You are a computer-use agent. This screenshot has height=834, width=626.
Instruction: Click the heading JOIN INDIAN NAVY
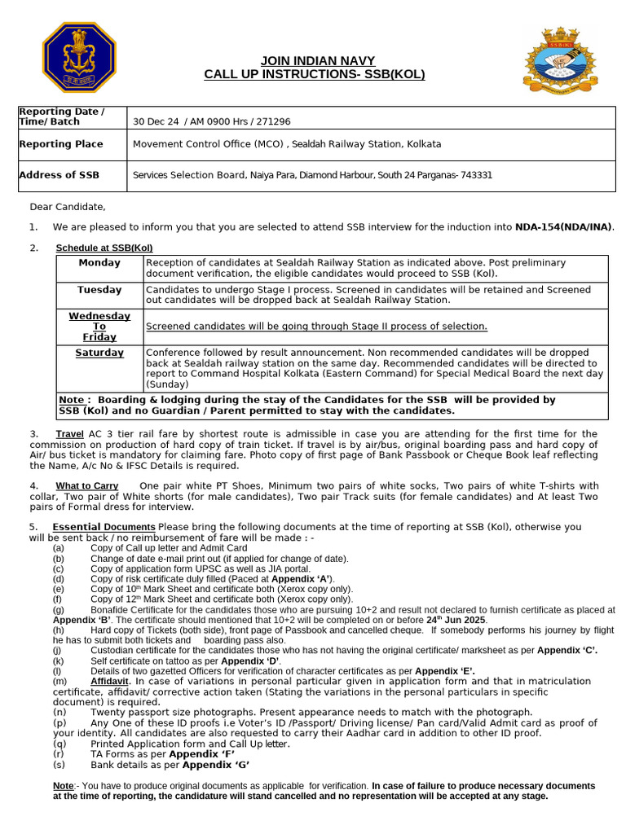coord(314,61)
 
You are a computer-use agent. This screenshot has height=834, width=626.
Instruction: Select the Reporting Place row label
coord(60,144)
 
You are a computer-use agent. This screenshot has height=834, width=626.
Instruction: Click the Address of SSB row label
coord(59,175)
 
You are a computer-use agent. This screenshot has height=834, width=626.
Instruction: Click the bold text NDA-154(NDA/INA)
coord(564,227)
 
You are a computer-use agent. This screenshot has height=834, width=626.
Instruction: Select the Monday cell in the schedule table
coord(99,263)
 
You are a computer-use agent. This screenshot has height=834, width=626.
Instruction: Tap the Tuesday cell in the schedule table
coord(99,290)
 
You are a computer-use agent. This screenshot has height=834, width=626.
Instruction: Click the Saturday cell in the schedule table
coord(99,353)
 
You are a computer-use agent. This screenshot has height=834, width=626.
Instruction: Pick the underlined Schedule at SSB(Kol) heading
coord(104,248)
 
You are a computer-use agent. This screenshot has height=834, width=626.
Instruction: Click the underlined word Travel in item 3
coord(69,434)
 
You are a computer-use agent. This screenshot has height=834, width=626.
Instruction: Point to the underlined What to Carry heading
coord(86,486)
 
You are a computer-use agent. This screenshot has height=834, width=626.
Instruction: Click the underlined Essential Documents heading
coord(104,527)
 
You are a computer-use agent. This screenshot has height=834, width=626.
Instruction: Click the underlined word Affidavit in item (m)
coord(109,680)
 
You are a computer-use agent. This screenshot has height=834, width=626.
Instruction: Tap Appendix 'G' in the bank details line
coord(216,765)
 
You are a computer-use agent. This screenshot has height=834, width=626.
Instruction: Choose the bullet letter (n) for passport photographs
coord(59,711)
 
